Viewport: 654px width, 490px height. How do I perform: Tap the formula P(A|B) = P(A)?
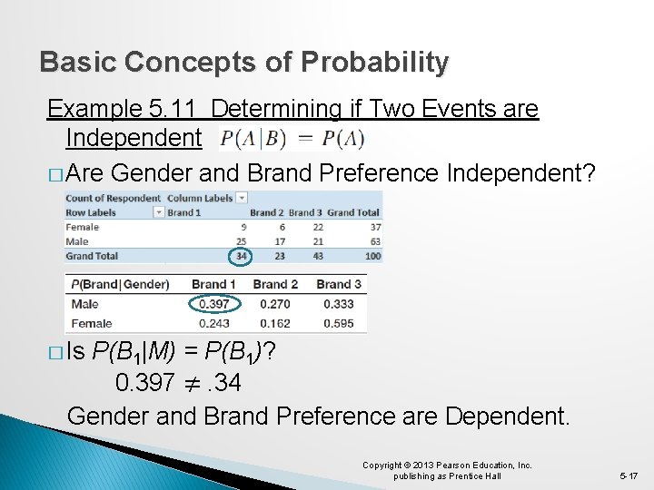click(x=292, y=139)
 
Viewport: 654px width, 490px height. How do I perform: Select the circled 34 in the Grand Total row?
click(x=241, y=256)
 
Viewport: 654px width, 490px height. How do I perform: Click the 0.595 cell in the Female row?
click(x=338, y=323)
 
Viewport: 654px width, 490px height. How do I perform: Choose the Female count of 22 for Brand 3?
click(x=317, y=227)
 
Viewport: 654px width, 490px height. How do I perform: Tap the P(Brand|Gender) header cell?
click(x=120, y=284)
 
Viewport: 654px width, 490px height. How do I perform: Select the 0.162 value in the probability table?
click(x=275, y=323)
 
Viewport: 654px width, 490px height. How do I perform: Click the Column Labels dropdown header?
click(x=207, y=198)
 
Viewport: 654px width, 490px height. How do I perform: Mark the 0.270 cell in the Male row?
click(x=275, y=304)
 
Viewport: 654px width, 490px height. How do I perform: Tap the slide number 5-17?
click(x=628, y=475)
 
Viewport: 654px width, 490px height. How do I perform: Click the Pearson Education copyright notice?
click(x=447, y=470)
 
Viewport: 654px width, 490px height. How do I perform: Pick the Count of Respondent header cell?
click(x=113, y=198)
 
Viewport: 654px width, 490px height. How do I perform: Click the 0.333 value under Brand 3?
click(x=338, y=304)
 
